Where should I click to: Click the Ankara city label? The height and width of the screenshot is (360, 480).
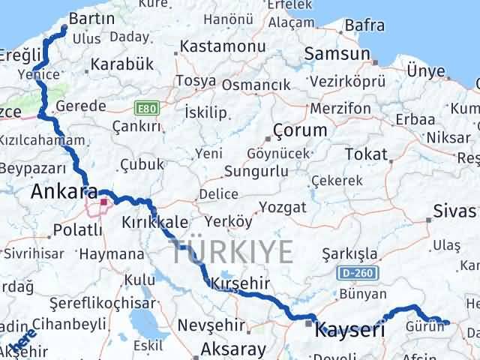pos(64,191)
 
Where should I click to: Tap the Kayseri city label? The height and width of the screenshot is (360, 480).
pos(350,329)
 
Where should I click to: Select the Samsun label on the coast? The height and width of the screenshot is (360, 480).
pos(337,54)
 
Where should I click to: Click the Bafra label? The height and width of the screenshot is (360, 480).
pos(364,25)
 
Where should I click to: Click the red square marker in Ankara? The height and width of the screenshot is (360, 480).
pos(103,202)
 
